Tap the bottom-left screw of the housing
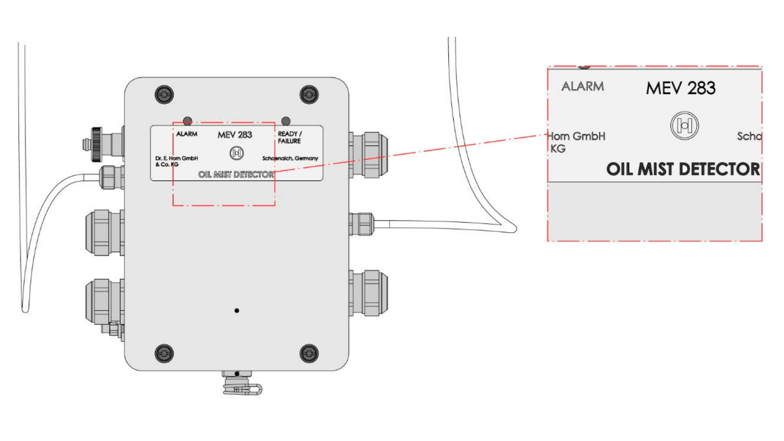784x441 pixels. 164,353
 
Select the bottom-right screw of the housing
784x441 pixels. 308,353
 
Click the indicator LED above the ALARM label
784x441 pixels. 188,121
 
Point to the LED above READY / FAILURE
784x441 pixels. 286,121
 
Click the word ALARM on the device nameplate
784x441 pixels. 187,133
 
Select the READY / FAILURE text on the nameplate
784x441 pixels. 290,137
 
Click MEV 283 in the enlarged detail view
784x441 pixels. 680,88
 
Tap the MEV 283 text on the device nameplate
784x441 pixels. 235,135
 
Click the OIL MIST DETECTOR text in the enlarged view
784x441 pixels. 683,169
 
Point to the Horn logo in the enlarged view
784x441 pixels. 685,125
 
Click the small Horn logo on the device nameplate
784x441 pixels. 236,153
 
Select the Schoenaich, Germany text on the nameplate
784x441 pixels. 290,158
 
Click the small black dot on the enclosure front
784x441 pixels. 236,310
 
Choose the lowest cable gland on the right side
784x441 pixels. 368,292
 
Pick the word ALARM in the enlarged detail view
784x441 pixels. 582,86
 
